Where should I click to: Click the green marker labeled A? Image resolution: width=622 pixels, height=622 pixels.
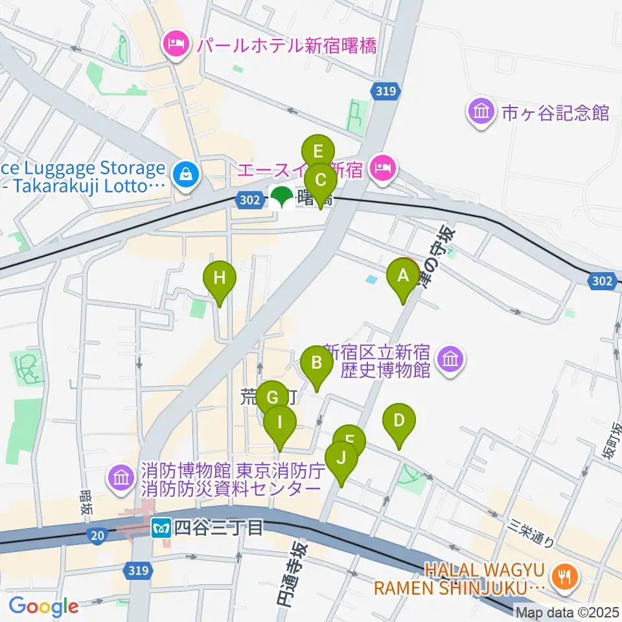403,277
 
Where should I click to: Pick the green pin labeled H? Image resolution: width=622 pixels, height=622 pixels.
220,280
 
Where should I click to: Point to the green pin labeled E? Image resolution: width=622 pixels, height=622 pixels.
317,153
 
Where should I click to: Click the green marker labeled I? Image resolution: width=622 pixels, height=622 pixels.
280,424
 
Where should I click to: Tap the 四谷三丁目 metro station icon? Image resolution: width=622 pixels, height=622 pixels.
161,528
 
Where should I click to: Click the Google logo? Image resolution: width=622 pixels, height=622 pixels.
43,606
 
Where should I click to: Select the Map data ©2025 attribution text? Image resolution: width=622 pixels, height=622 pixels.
567,611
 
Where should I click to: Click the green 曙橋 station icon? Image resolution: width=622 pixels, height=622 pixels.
281,198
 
